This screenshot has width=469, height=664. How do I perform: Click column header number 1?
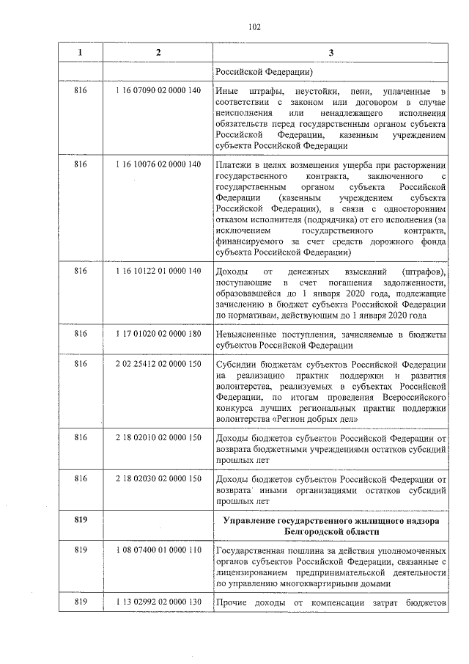tap(81, 54)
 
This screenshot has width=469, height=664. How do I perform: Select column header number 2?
tap(158, 54)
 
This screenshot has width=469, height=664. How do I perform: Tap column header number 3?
tap(330, 54)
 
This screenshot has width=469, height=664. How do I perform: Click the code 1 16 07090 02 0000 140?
tap(158, 90)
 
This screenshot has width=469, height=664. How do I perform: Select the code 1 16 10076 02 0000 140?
tap(158, 164)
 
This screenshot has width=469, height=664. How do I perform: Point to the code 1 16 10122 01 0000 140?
tap(158, 272)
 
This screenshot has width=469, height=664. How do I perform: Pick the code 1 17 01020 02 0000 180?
tap(158, 334)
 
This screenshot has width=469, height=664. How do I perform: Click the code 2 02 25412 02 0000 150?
tap(158, 365)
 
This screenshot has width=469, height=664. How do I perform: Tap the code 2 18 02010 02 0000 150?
tap(158, 437)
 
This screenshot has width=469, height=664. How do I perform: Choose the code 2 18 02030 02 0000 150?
tap(158, 478)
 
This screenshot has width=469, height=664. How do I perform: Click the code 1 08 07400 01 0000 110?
tap(158, 550)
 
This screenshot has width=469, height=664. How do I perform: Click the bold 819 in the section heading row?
tap(81, 519)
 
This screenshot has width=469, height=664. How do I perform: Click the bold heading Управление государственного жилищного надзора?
tap(330, 519)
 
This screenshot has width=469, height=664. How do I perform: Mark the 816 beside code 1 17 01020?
tap(81, 334)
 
